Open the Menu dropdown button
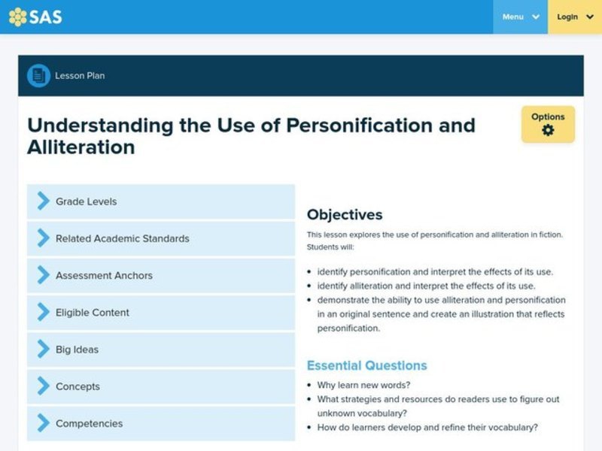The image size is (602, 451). [x=520, y=17]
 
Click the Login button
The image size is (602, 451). [x=575, y=17]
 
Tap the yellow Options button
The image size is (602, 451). [x=548, y=123]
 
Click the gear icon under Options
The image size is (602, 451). [x=548, y=131]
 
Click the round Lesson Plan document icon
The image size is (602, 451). [x=38, y=75]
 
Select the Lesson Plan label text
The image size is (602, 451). [x=80, y=76]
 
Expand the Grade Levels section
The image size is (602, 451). [x=161, y=201]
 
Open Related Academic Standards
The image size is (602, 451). [x=161, y=238]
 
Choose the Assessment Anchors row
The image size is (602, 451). [x=161, y=275]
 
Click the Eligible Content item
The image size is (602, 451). [x=161, y=312]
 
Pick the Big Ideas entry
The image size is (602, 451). [x=161, y=349]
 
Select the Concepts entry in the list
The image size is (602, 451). [x=161, y=386]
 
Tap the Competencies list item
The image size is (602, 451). [x=161, y=423]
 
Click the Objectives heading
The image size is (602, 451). [x=345, y=215]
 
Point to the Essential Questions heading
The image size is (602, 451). [x=366, y=366]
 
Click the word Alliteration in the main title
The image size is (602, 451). [x=81, y=147]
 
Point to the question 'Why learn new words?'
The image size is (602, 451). [x=363, y=385]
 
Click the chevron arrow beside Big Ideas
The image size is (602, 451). [x=43, y=349]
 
